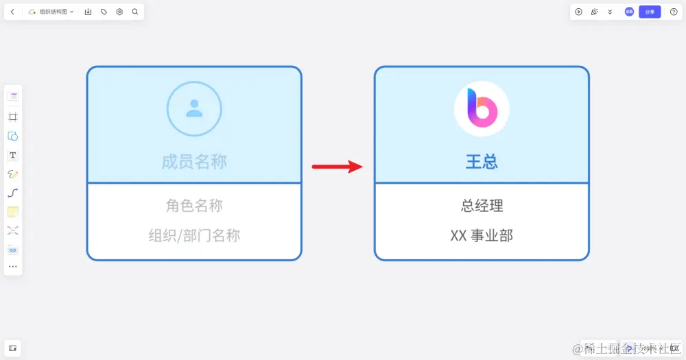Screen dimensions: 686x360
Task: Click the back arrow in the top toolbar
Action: (x=12, y=12)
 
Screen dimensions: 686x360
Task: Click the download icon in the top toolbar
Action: (x=88, y=12)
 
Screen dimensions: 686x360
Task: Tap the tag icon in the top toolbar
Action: (x=104, y=12)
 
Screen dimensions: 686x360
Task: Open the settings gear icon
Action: (x=119, y=12)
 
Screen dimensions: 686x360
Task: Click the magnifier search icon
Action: (x=134, y=12)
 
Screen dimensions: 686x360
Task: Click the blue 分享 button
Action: (x=650, y=12)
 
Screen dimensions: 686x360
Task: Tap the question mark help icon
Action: (x=674, y=12)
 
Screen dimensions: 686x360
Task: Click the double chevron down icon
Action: (x=610, y=12)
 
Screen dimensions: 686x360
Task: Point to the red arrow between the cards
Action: (x=337, y=166)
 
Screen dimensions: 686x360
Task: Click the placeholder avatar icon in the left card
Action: (x=194, y=108)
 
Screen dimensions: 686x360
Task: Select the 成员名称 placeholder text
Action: (x=194, y=162)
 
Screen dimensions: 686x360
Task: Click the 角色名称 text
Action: (x=194, y=205)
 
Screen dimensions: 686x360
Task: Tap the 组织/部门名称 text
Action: (x=194, y=235)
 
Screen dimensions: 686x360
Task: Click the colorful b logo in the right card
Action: (x=482, y=108)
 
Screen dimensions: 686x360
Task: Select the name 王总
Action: (x=482, y=162)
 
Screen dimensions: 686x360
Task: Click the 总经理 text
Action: (x=482, y=205)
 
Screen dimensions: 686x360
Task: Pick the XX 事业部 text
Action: (x=482, y=235)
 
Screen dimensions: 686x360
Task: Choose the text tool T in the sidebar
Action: (x=13, y=156)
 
